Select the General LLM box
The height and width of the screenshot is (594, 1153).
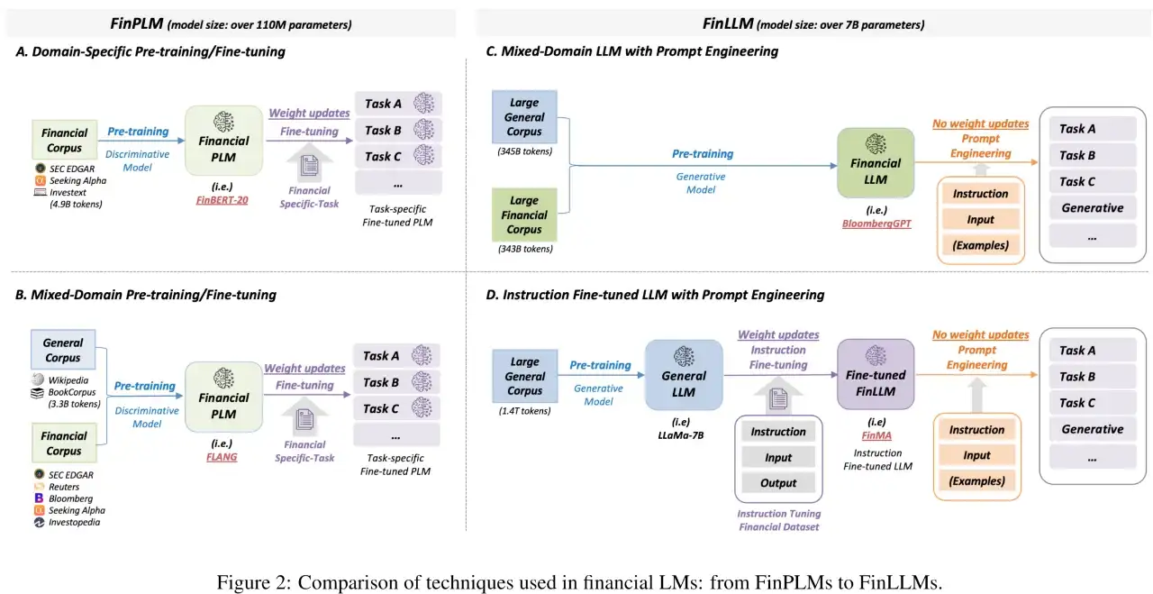click(684, 376)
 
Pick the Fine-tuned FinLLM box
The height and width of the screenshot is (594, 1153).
click(875, 376)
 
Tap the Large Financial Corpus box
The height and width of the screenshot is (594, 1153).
click(524, 215)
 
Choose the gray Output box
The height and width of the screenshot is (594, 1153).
click(778, 483)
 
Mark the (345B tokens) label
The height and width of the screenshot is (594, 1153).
click(524, 151)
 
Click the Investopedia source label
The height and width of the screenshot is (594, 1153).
click(75, 522)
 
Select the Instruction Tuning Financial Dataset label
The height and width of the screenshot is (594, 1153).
click(779, 520)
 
